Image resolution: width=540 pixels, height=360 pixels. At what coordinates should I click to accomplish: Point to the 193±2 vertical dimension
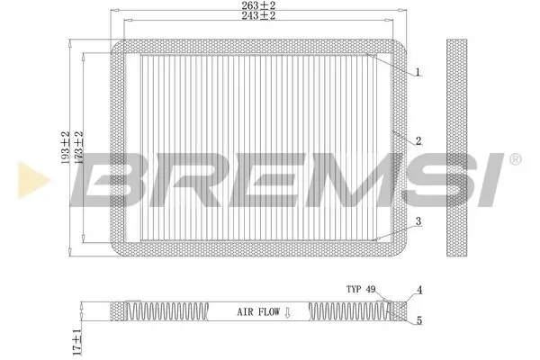[65, 147]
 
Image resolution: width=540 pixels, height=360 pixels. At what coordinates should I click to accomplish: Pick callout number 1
[418, 72]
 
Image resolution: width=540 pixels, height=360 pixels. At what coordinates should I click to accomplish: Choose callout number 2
[418, 141]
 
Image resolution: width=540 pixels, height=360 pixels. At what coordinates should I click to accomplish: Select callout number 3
[418, 221]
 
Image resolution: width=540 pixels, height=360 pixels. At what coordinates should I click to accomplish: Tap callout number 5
[418, 319]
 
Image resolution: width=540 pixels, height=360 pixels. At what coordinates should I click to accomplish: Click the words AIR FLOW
[257, 312]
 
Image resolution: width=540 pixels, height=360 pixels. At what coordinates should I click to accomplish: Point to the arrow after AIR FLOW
[287, 312]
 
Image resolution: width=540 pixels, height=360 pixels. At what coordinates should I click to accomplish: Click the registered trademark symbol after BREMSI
[515, 159]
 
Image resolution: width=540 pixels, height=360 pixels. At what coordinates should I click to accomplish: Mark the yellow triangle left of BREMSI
[27, 178]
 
